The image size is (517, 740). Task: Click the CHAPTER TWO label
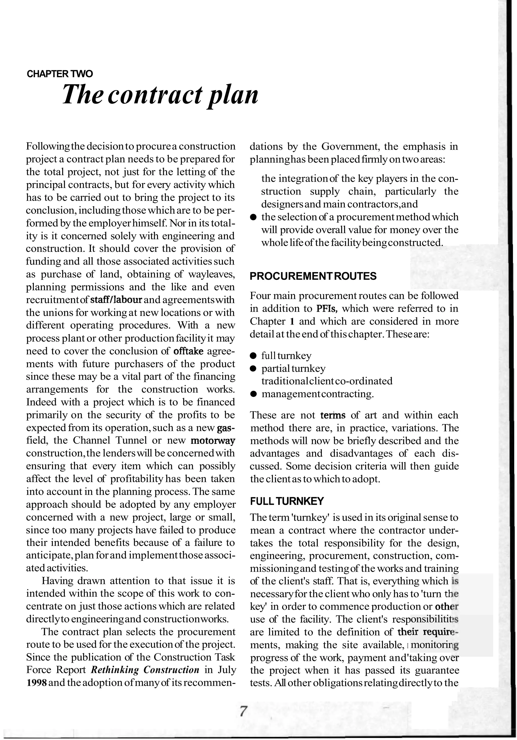pyautogui.click(x=60, y=74)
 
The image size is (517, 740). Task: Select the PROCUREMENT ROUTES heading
pyautogui.click(x=313, y=276)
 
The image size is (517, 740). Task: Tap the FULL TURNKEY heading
pyautogui.click(x=287, y=501)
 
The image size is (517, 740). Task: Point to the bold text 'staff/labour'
pyautogui.click(x=116, y=300)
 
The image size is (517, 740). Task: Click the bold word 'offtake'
pyautogui.click(x=188, y=351)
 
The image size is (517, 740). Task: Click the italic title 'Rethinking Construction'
pyautogui.click(x=145, y=670)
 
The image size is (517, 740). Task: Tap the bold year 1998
pyautogui.click(x=37, y=683)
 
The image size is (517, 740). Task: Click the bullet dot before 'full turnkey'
pyautogui.click(x=253, y=356)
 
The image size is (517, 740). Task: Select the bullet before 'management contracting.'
pyautogui.click(x=253, y=394)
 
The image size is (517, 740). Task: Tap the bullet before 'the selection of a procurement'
pyautogui.click(x=253, y=217)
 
